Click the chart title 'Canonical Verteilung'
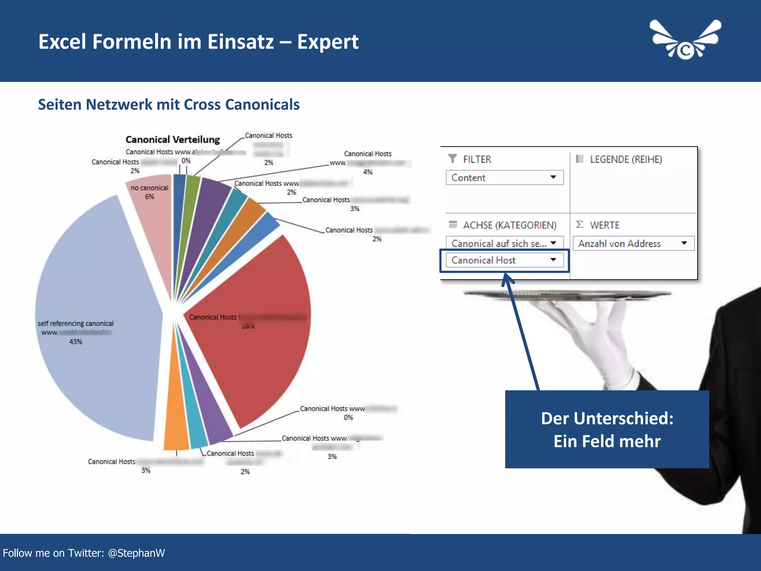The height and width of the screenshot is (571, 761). pos(173,140)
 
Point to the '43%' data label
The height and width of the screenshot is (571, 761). pos(76,342)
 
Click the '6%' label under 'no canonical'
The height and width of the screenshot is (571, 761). pos(149,197)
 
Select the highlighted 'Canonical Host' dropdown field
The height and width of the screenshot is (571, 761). pos(504,260)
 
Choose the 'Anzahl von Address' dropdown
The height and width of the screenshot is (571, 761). pos(633,243)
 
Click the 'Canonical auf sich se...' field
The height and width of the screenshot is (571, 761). pos(504,243)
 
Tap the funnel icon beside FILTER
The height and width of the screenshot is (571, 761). pos(453,159)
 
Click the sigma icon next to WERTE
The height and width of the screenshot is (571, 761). pos(579,225)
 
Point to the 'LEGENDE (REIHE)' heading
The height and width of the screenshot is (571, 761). pos(626,159)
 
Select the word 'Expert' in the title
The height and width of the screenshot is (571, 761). pos(328,42)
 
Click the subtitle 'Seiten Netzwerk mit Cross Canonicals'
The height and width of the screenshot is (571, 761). pos(169,105)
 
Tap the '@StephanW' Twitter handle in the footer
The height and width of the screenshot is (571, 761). pos(136,553)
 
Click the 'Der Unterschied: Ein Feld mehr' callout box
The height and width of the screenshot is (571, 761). pos(607,429)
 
